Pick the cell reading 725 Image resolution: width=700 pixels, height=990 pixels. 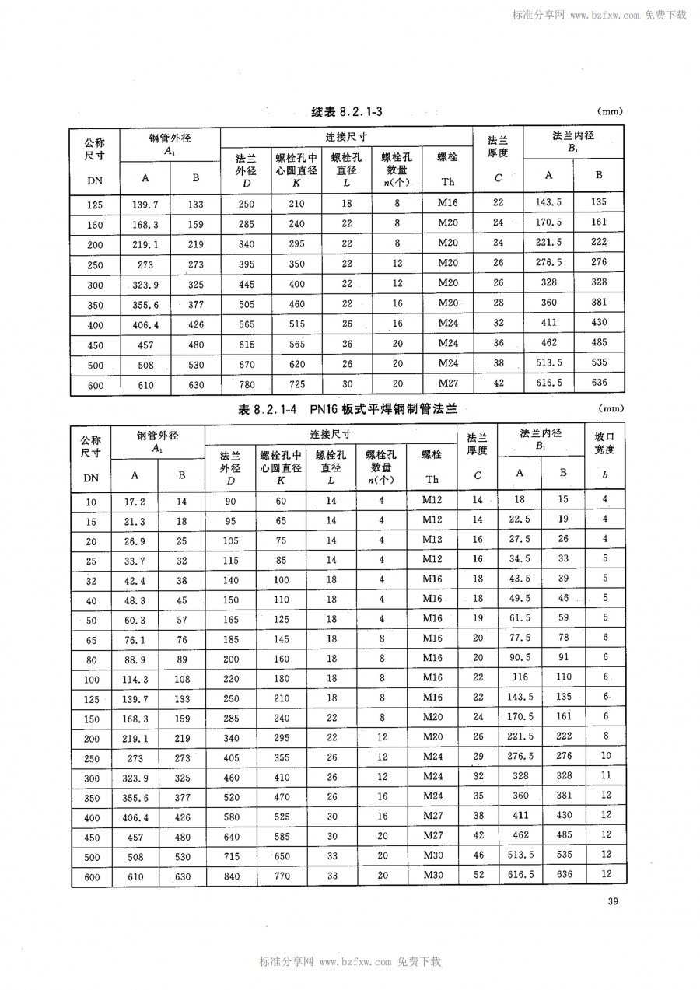click(296, 385)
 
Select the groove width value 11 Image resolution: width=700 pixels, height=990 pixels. click(606, 776)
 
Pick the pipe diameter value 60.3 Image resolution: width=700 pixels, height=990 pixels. click(135, 618)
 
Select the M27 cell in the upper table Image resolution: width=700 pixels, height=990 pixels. click(447, 383)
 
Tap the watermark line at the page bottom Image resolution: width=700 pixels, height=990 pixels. click(350, 961)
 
